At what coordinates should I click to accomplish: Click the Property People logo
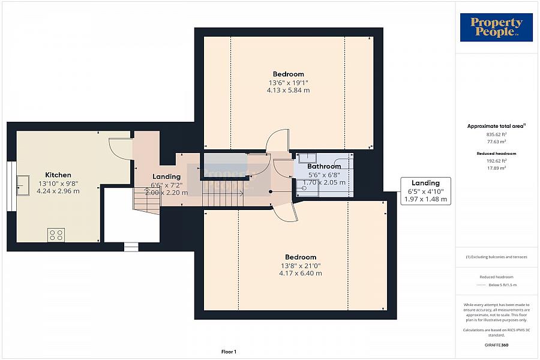pos(496,28)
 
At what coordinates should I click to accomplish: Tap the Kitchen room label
pos(58,175)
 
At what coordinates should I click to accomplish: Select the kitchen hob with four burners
pos(56,235)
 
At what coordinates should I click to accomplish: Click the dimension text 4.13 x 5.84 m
pos(288,90)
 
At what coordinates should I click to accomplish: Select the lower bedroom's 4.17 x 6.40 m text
pos(300,273)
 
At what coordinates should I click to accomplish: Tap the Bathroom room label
pos(324,166)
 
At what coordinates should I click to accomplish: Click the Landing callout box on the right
pos(425,191)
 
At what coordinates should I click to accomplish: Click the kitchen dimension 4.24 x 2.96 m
pos(58,191)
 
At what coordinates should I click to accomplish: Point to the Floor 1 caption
pos(229,352)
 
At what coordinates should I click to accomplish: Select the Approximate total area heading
pos(496,126)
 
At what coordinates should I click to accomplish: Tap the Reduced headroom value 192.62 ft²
pos(496,161)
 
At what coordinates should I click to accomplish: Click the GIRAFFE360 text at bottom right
pos(496,346)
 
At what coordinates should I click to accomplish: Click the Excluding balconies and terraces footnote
pos(496,257)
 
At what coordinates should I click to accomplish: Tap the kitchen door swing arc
pos(121,149)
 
